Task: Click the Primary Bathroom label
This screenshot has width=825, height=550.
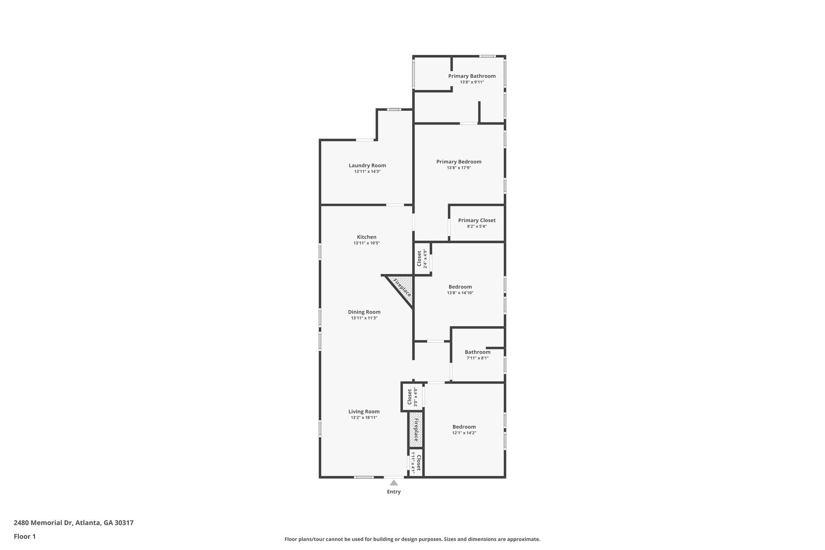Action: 472,76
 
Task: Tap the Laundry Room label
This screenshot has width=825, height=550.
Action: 367,165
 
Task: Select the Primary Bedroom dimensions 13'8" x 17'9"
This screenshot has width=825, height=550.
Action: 459,168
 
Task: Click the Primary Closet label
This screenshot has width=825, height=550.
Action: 477,220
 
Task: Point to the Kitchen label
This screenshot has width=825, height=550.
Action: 367,237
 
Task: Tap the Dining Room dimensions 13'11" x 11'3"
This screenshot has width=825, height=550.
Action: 364,318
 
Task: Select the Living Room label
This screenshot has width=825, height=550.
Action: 364,411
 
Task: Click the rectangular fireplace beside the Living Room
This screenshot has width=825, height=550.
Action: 416,430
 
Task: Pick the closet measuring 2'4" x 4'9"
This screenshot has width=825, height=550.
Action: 421,259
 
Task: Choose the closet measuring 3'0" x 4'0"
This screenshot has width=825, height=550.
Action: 412,397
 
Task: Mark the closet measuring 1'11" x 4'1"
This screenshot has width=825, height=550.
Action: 416,463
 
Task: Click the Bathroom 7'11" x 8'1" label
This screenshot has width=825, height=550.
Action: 477,352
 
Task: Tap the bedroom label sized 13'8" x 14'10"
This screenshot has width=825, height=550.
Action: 460,287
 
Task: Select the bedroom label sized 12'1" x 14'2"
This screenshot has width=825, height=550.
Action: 464,427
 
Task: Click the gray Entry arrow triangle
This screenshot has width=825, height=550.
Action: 394,483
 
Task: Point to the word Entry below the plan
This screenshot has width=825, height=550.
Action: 394,492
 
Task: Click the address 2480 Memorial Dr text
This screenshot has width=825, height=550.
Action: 74,523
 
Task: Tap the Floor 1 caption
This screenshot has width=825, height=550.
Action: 25,536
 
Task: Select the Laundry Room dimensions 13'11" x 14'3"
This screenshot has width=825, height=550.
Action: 367,172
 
